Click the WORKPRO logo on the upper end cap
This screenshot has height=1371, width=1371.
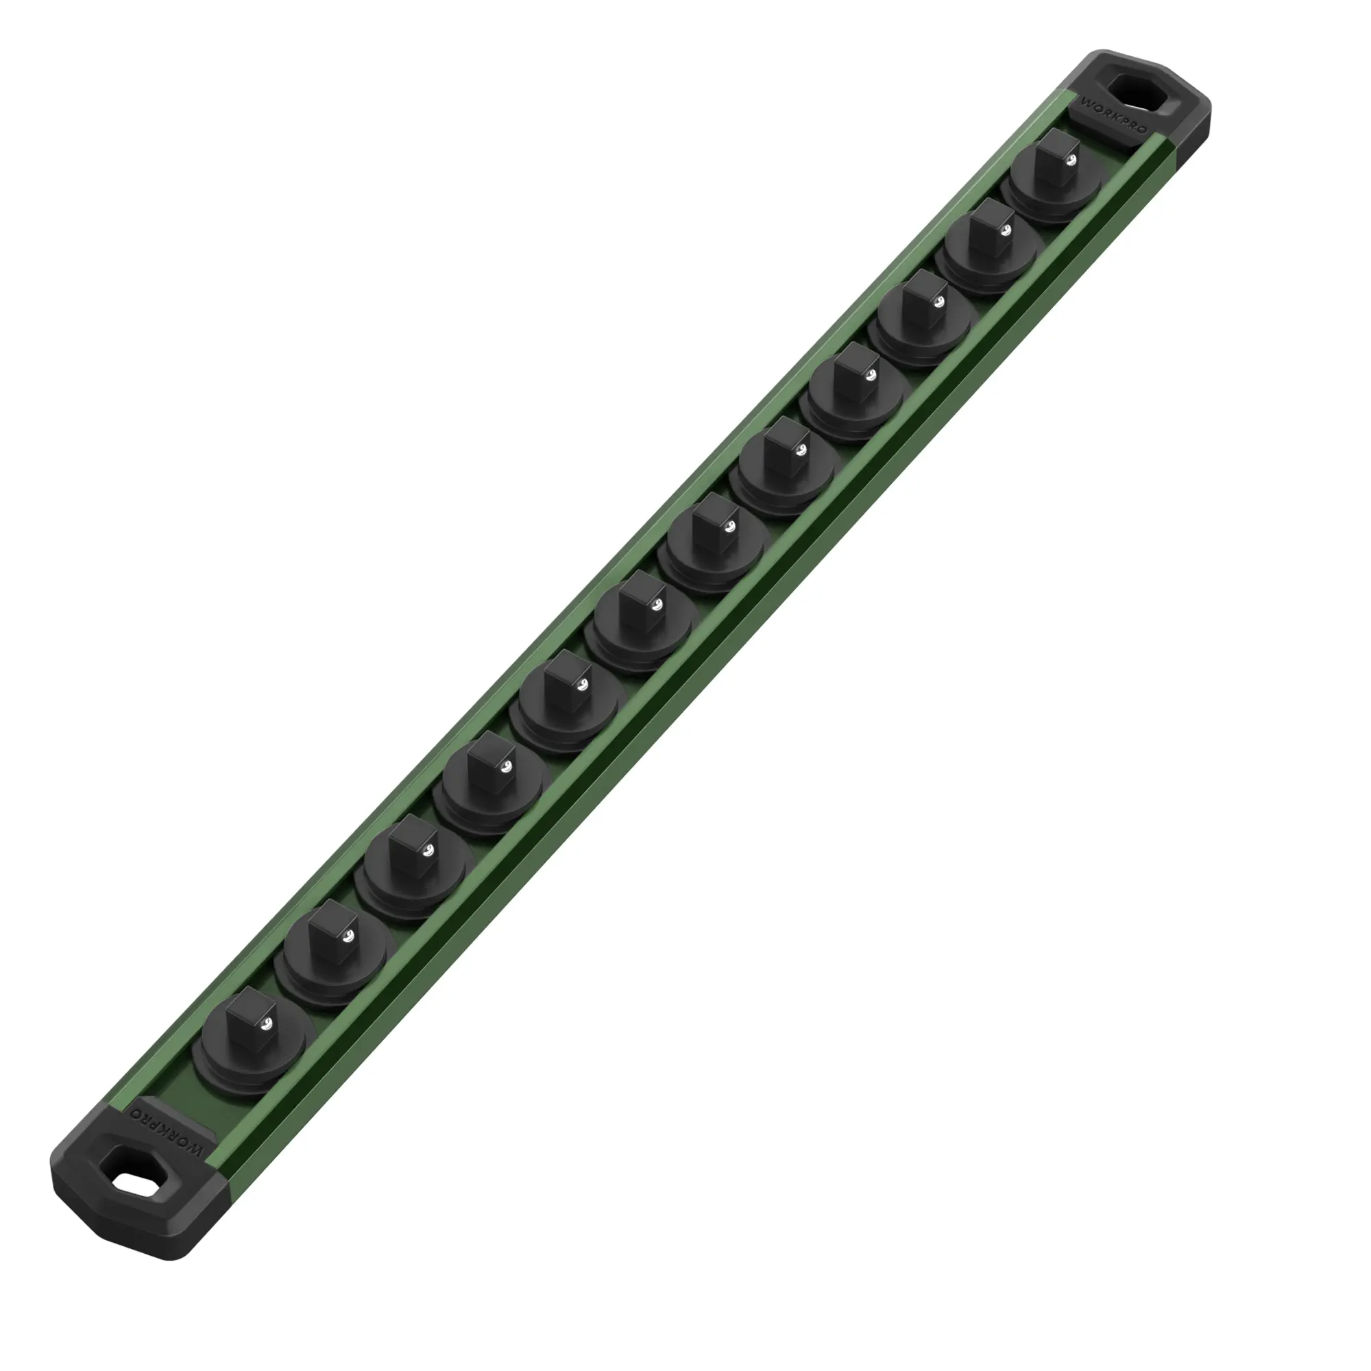pyautogui.click(x=1113, y=116)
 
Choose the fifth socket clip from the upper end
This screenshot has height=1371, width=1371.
pyautogui.click(x=788, y=464)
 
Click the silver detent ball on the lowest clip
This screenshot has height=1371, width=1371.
pyautogui.click(x=267, y=1024)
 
